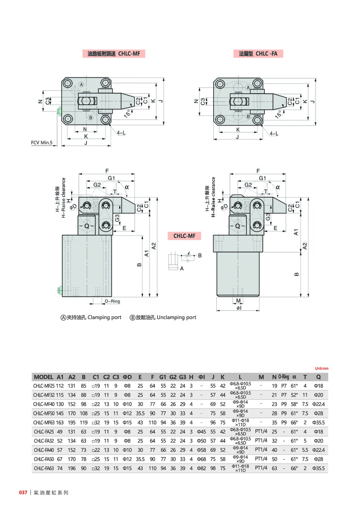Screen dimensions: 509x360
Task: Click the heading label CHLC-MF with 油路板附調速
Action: click(x=116, y=53)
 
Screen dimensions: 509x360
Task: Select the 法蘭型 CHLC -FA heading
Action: click(x=258, y=53)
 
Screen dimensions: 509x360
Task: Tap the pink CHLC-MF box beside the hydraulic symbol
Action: click(x=184, y=236)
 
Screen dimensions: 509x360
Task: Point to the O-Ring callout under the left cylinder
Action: click(x=112, y=301)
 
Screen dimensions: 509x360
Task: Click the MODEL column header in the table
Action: click(x=44, y=377)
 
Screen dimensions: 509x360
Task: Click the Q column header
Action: click(x=318, y=377)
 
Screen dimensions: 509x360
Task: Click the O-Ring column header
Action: click(x=284, y=377)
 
